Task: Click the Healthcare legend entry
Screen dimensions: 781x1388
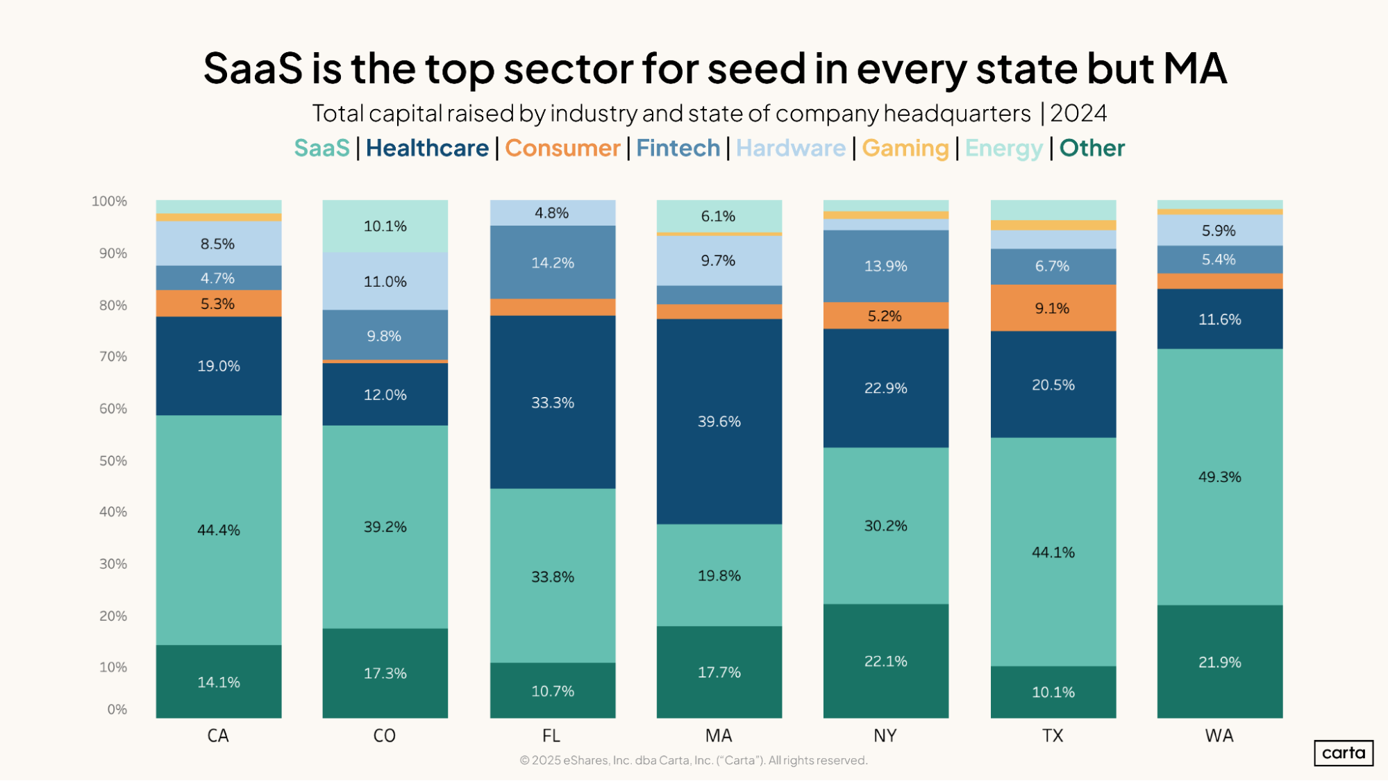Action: [x=427, y=148]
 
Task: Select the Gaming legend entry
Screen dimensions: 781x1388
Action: [x=905, y=148]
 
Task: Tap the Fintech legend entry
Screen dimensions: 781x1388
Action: [x=678, y=148]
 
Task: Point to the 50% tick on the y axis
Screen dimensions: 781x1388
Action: [x=113, y=461]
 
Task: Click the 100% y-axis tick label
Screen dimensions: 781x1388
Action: [x=110, y=201]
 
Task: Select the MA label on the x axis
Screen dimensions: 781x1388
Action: [x=719, y=736]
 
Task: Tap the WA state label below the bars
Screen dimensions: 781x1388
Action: [x=1219, y=736]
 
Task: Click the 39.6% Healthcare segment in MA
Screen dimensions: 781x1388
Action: [x=719, y=421]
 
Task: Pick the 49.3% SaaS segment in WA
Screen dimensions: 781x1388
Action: [x=1219, y=477]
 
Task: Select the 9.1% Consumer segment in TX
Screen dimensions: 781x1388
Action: [x=1053, y=308]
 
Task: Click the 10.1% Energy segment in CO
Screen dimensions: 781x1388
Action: [x=385, y=226]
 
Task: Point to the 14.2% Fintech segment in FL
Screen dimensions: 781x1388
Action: [x=553, y=262]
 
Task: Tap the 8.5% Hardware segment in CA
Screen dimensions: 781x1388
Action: [x=218, y=244]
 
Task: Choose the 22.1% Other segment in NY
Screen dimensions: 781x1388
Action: [x=885, y=661]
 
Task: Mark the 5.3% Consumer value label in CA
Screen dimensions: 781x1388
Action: [x=218, y=304]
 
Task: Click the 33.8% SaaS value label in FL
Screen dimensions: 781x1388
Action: [x=553, y=577]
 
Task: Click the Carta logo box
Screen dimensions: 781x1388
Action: [x=1343, y=753]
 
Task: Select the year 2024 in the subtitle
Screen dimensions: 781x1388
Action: [x=1078, y=113]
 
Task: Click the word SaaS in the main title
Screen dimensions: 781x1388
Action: [x=253, y=68]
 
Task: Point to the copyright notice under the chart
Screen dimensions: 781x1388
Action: [x=694, y=760]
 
